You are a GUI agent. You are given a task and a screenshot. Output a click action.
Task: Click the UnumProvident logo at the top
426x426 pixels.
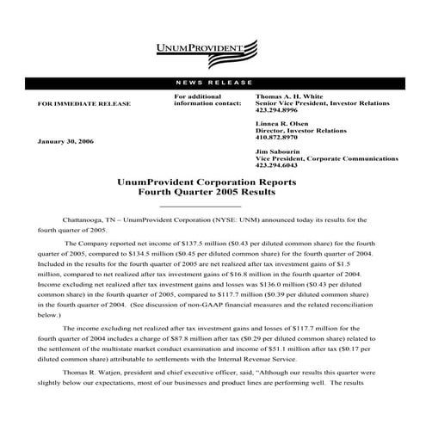tap(213, 48)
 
